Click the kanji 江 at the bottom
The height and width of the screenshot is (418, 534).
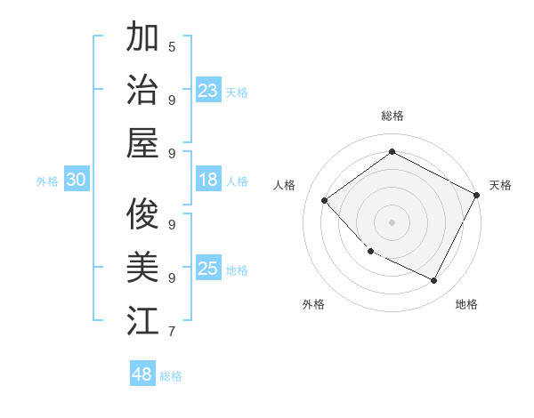(142, 319)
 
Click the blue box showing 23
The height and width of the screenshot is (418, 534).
(207, 90)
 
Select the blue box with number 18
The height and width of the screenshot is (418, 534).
(207, 180)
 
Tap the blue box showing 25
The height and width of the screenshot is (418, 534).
(207, 269)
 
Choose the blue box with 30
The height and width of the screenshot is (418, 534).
(76, 180)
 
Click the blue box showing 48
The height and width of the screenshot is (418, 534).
(142, 374)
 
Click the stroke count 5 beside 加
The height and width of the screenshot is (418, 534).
(171, 46)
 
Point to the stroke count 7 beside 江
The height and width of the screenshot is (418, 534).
(171, 332)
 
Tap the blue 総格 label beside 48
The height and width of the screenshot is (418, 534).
(171, 376)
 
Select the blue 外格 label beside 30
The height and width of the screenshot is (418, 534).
(47, 181)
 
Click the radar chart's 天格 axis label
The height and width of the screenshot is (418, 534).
(500, 185)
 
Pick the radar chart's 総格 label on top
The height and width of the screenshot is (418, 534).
(392, 116)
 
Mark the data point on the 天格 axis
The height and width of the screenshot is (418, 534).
(477, 194)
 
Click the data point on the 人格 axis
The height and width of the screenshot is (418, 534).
(325, 200)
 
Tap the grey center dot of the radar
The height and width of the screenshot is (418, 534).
(392, 221)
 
